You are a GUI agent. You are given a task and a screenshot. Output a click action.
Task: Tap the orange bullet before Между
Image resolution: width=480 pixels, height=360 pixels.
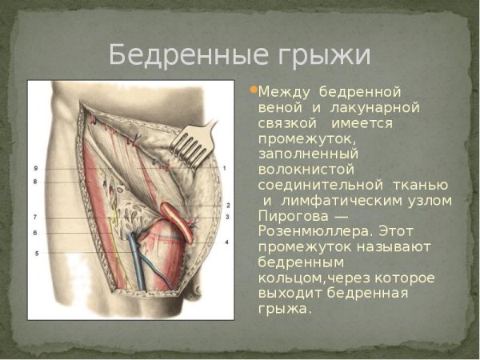[x=254, y=90]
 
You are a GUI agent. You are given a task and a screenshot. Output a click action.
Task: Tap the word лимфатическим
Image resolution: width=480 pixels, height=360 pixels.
[x=334, y=200]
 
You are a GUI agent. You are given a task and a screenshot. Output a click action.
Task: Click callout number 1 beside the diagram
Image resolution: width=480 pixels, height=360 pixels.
[x=226, y=169]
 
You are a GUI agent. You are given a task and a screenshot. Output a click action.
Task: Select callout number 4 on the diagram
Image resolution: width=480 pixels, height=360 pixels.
[x=226, y=242]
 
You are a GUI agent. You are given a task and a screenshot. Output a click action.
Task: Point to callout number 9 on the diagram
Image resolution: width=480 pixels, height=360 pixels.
[x=36, y=169]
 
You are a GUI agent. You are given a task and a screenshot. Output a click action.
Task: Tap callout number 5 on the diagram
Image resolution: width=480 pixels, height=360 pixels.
[x=36, y=254]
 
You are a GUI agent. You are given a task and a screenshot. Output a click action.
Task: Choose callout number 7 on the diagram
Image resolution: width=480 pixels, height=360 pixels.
[x=36, y=217]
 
